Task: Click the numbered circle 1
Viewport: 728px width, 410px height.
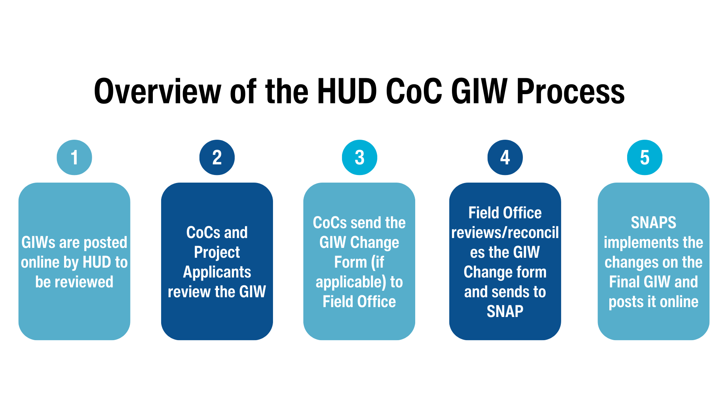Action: click(x=74, y=158)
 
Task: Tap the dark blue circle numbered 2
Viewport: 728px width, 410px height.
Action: click(x=217, y=158)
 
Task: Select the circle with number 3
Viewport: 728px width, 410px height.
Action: click(x=359, y=158)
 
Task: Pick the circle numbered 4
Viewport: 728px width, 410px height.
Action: click(x=505, y=158)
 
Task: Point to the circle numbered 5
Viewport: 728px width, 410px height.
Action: click(x=645, y=158)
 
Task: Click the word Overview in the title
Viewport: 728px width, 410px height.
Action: click(x=157, y=92)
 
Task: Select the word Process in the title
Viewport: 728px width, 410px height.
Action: click(x=570, y=92)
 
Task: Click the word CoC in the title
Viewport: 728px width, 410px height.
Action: click(x=414, y=92)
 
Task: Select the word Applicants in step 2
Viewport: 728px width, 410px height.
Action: click(x=217, y=272)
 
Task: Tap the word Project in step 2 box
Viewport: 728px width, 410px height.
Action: click(x=217, y=252)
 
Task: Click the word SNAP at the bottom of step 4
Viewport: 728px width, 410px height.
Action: click(x=505, y=312)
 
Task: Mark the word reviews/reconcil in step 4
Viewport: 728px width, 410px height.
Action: click(x=505, y=233)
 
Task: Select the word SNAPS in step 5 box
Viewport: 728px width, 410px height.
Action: click(x=653, y=223)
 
